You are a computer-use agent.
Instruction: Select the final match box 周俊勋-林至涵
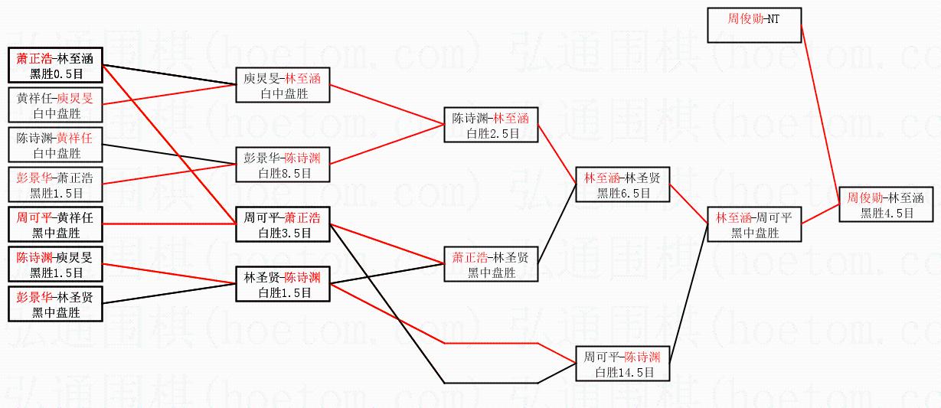pos(887,204)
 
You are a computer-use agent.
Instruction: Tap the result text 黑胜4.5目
pos(887,214)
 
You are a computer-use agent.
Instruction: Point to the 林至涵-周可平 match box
pos(753,225)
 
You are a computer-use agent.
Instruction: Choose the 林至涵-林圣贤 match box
pos(622,184)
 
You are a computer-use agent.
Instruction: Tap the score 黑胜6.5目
pos(622,194)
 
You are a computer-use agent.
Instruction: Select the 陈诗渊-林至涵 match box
pos(491,125)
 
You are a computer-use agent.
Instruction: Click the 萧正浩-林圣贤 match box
pos(491,264)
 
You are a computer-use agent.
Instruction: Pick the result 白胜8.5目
pos(283,174)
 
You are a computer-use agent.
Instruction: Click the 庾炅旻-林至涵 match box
pos(283,84)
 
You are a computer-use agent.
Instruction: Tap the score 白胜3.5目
pos(283,233)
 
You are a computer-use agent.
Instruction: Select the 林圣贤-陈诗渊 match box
pos(283,284)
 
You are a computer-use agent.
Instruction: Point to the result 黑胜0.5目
pos(55,74)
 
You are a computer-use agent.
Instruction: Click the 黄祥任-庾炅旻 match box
pos(55,105)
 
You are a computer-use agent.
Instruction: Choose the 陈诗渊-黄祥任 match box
pos(55,145)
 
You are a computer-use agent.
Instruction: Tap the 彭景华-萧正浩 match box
pos(55,185)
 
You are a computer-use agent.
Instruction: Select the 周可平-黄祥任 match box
pos(55,224)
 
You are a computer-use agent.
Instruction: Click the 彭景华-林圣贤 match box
pos(55,304)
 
